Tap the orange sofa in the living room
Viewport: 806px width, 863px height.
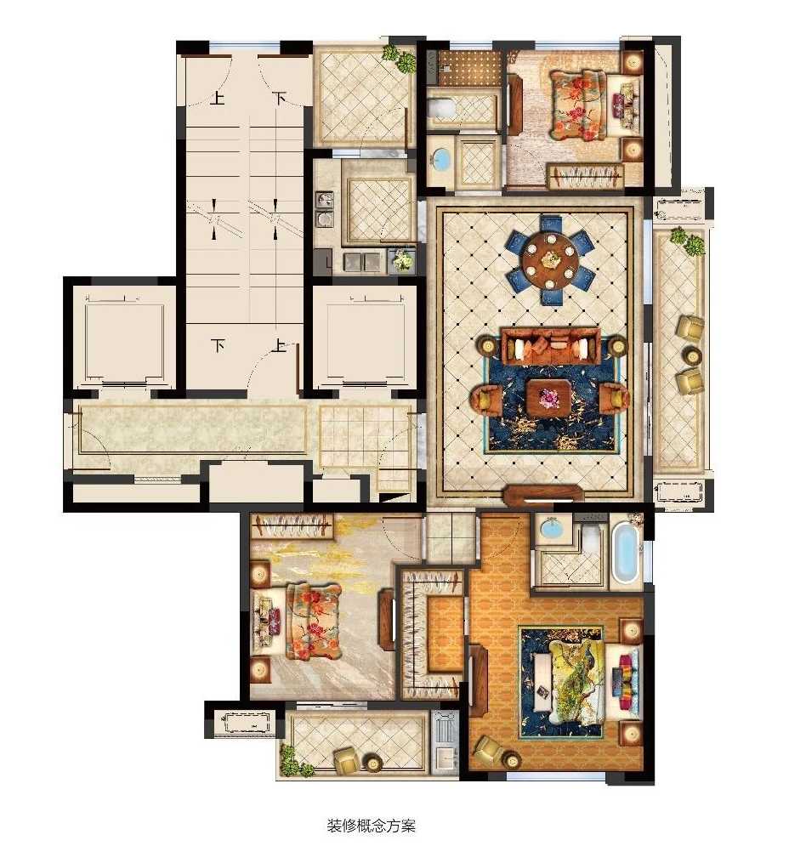click(x=550, y=347)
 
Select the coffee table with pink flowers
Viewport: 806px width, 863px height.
click(x=548, y=397)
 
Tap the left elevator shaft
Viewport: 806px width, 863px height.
click(x=124, y=340)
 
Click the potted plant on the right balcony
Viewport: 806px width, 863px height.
click(x=687, y=241)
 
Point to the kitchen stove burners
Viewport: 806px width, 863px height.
click(x=324, y=208)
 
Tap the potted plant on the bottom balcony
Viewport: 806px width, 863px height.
click(x=290, y=760)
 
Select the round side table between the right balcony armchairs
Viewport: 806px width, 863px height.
click(x=691, y=355)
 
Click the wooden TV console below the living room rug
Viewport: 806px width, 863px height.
click(x=544, y=494)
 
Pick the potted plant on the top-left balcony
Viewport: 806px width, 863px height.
click(x=399, y=58)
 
